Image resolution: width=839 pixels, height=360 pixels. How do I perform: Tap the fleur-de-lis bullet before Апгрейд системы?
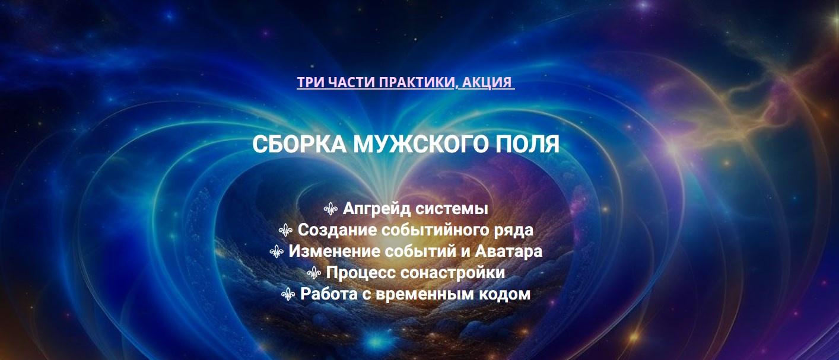pos(330,209)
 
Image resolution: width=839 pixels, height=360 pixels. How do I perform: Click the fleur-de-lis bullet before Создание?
pos(285,230)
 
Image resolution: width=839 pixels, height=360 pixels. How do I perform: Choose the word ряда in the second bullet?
pos(516,231)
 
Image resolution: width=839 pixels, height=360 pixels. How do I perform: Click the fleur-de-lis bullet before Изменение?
pos(277,251)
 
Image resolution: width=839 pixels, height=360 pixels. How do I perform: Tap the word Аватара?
pos(509,251)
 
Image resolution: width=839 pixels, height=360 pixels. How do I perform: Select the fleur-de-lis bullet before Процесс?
pos(314,273)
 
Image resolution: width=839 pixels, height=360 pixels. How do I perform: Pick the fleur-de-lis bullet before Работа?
pos(288,294)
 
